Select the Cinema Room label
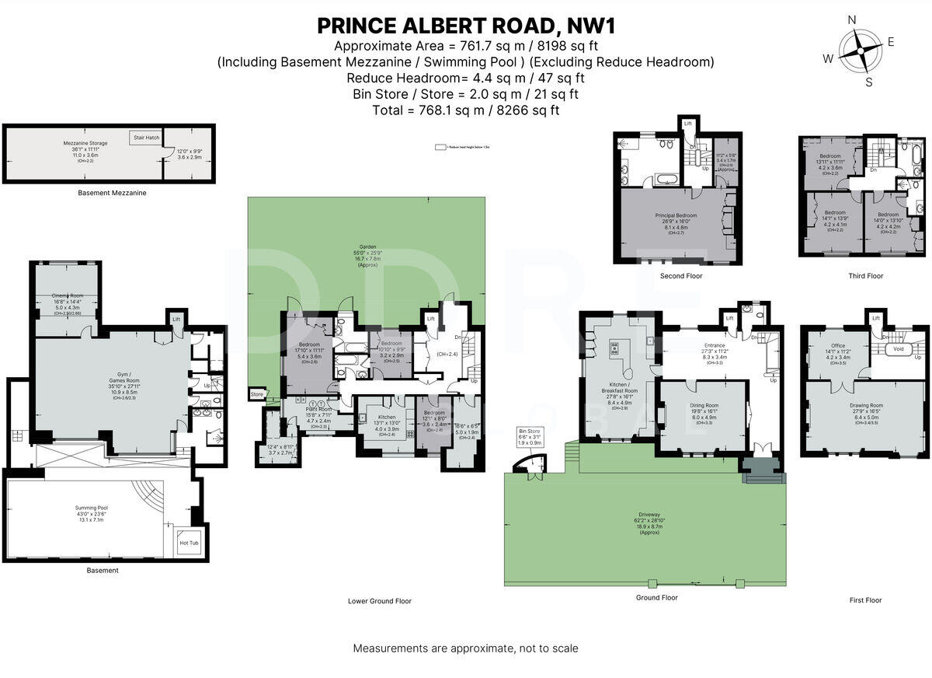(x=67, y=295)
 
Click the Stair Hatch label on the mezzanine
(x=146, y=138)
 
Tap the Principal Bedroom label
(x=675, y=215)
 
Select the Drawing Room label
(x=865, y=405)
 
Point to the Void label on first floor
(x=899, y=349)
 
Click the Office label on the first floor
(x=837, y=345)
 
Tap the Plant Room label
(x=318, y=409)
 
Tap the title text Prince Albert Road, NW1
(x=466, y=26)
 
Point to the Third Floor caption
(x=865, y=276)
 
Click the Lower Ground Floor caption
(x=380, y=601)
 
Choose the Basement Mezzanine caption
(x=112, y=192)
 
